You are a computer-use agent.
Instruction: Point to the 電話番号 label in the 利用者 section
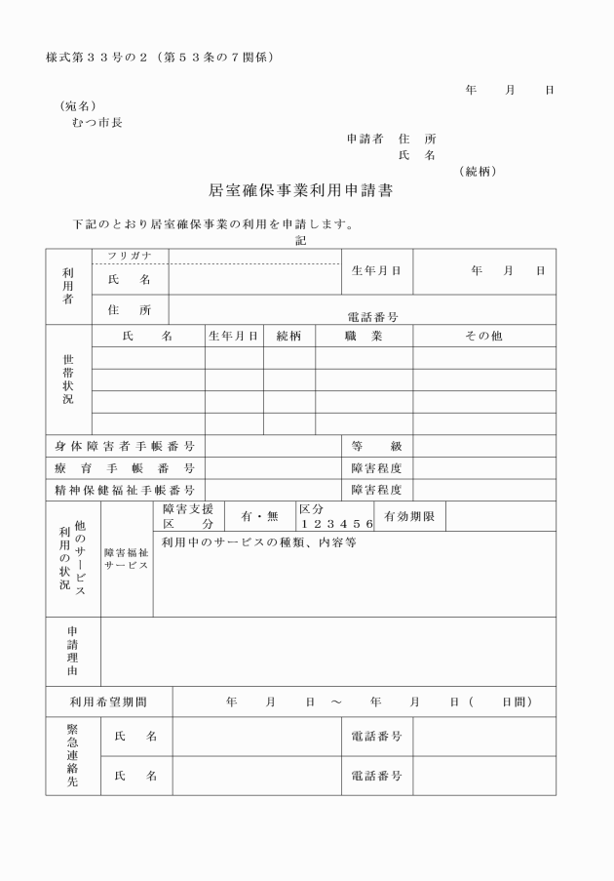click(x=373, y=317)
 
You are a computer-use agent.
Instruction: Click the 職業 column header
click(x=363, y=336)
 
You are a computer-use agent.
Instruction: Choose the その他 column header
click(x=483, y=336)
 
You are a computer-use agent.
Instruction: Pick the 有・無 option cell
click(x=259, y=516)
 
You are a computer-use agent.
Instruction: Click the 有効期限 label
click(x=409, y=516)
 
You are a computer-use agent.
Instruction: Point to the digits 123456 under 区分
click(x=336, y=524)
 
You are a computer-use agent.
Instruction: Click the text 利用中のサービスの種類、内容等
click(x=258, y=542)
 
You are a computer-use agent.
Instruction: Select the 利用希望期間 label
click(x=108, y=701)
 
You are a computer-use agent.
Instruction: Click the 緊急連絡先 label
click(x=72, y=756)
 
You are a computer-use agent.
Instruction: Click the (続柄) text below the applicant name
click(x=478, y=171)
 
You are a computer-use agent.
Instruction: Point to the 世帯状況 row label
click(x=68, y=380)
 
